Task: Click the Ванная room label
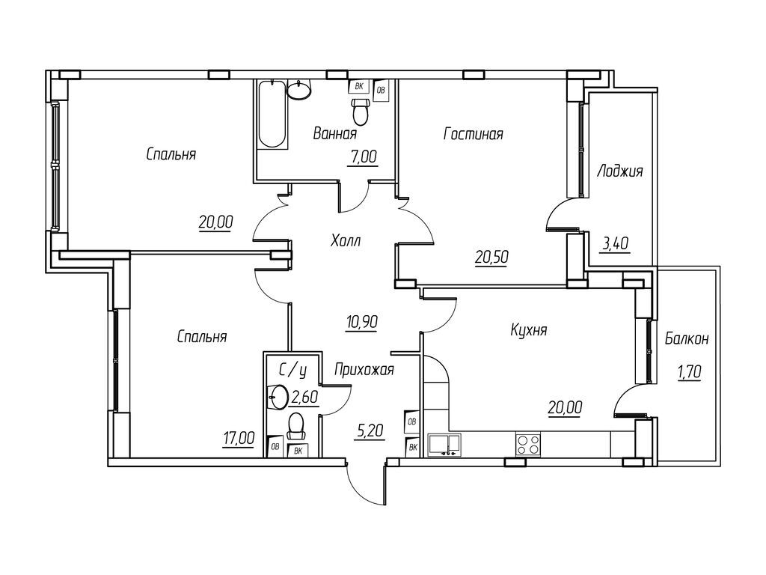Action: (334, 133)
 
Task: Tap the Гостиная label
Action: (473, 134)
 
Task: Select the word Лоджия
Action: (619, 171)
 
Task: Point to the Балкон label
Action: (687, 339)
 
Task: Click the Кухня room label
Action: (528, 330)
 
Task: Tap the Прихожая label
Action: (364, 369)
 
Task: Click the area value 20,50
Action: (491, 257)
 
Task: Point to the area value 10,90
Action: (361, 322)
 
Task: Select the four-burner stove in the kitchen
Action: (528, 443)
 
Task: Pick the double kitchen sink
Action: (447, 443)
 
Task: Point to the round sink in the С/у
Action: (281, 397)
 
